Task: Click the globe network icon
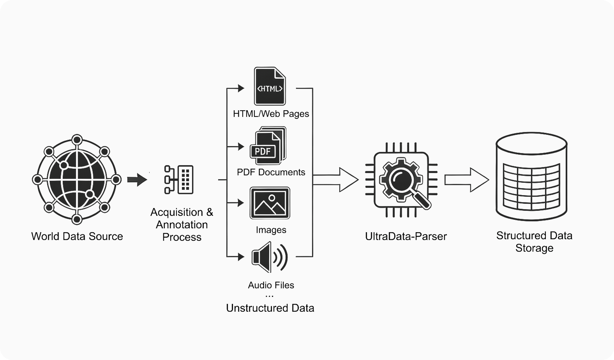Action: tap(77, 180)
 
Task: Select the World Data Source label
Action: tap(77, 236)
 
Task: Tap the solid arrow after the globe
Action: tap(137, 180)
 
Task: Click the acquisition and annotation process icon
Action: tap(179, 180)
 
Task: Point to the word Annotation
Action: tap(182, 225)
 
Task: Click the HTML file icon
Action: tap(270, 86)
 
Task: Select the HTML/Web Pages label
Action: tap(271, 114)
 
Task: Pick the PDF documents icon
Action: tap(268, 146)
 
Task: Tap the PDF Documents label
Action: tap(271, 172)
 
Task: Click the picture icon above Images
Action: tap(270, 203)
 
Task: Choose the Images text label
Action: tap(271, 230)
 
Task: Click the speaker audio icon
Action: tap(270, 257)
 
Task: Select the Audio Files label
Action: tap(271, 285)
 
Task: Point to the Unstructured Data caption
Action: tap(270, 308)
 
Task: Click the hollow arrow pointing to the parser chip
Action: tap(336, 180)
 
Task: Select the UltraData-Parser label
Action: tap(406, 236)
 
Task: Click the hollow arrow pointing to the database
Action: tap(467, 180)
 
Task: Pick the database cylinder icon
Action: tap(531, 176)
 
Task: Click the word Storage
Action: tap(534, 248)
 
